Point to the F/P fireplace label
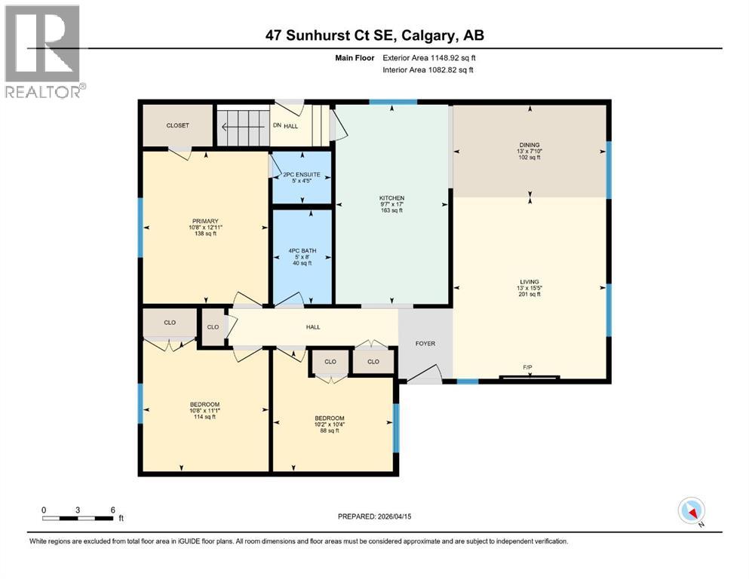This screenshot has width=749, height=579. click(x=529, y=367)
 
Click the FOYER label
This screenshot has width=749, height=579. click(x=425, y=343)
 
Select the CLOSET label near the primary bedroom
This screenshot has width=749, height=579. click(x=177, y=125)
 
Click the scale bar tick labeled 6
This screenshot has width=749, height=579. click(x=112, y=510)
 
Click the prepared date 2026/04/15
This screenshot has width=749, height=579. click(x=375, y=516)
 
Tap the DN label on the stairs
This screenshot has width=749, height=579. click(x=277, y=126)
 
